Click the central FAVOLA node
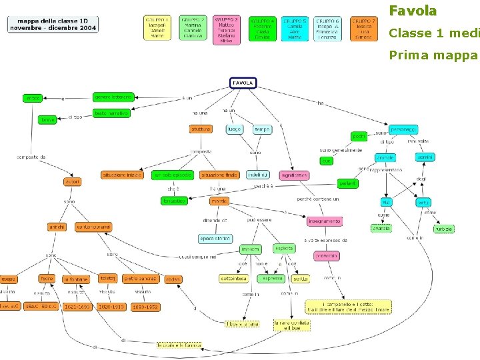pos(243,83)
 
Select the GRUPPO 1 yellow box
pos(157,29)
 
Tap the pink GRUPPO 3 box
pos(227,30)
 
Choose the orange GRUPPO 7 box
pos(363,29)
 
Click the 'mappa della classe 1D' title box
pos(53,25)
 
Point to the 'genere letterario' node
pos(113,97)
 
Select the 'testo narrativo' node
pos(111,113)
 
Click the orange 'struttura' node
pos(201,129)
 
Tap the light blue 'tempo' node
pos(262,129)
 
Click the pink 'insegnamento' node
pos(324,221)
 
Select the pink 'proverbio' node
pos(327,255)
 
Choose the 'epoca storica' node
pos(215,238)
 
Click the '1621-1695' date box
pos(77,307)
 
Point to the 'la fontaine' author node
pos(75,279)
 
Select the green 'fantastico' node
pos(175,201)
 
